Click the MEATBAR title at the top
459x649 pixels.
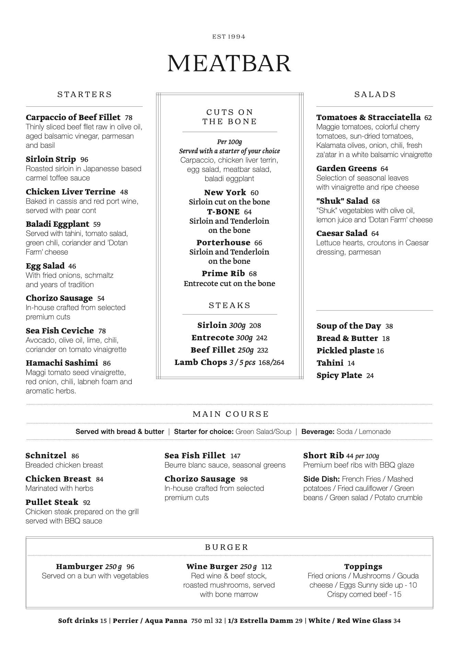(x=229, y=63)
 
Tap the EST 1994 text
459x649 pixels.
(x=229, y=37)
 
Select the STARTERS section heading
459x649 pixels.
(x=85, y=95)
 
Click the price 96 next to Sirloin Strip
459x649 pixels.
(x=84, y=160)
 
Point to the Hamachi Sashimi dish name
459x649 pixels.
(x=62, y=363)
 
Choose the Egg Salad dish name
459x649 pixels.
(x=45, y=266)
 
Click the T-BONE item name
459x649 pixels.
(x=223, y=212)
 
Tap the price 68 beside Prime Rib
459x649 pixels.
(x=253, y=274)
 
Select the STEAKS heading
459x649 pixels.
(x=229, y=305)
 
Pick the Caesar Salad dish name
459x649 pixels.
(x=342, y=233)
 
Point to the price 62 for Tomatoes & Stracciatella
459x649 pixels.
(x=428, y=118)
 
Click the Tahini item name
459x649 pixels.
(x=330, y=363)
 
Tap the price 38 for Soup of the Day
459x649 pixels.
(x=389, y=326)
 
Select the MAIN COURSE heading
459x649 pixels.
(x=231, y=414)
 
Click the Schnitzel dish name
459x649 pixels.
(x=46, y=456)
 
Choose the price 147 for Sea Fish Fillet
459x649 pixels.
(x=235, y=456)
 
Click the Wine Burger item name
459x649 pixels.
(x=212, y=566)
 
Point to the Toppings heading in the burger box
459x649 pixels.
(x=363, y=566)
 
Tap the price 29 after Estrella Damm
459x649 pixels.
(x=299, y=621)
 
